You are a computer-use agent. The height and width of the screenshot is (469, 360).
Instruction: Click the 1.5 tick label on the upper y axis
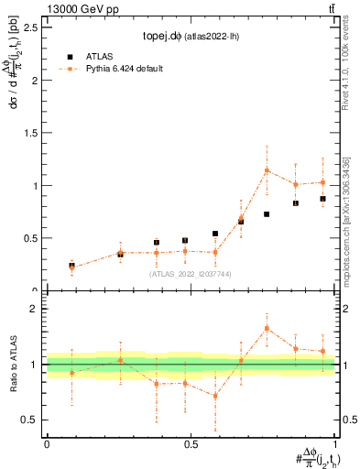click(31, 133)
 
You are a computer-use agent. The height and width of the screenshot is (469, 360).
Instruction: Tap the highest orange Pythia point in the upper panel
click(267, 170)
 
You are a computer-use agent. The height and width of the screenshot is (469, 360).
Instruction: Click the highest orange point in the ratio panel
click(267, 328)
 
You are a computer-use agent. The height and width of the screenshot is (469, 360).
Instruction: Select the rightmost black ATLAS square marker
click(322, 199)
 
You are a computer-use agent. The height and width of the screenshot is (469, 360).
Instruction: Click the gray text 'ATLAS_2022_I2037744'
click(191, 274)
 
